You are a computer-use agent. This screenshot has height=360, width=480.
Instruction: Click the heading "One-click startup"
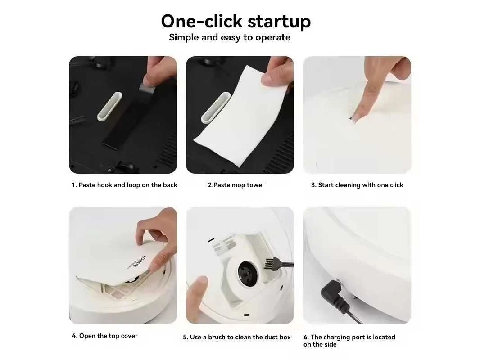[x=235, y=22]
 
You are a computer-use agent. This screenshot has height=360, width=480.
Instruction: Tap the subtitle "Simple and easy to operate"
[x=230, y=37]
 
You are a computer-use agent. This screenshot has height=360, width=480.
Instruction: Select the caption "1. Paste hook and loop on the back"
[x=124, y=185]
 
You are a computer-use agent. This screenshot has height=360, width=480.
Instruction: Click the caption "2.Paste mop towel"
[x=235, y=185]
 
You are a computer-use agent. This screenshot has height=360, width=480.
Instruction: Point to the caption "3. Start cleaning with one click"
[x=357, y=185]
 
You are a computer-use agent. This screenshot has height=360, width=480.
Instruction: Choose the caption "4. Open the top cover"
[x=105, y=336]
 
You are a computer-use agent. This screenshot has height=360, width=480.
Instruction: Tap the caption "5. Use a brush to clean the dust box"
[x=237, y=337]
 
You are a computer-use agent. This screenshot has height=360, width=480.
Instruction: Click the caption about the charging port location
[x=349, y=341]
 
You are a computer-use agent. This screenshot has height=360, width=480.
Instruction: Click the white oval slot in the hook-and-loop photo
[x=109, y=107]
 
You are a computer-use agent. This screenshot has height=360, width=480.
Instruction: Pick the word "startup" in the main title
[x=279, y=22]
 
